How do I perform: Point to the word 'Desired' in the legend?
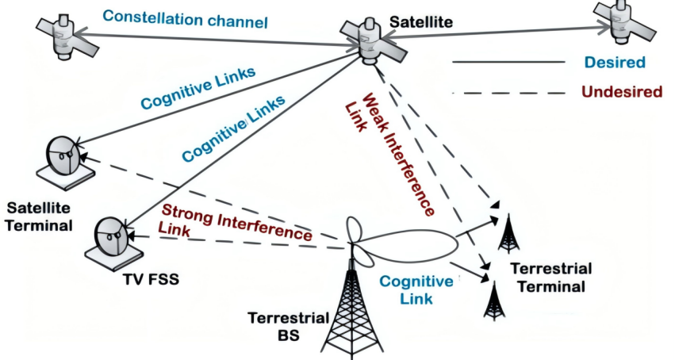(x=614, y=62)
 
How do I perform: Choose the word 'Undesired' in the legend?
(x=621, y=92)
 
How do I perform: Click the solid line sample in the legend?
(x=508, y=62)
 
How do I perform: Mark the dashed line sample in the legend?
(x=508, y=93)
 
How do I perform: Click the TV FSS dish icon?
(x=110, y=239)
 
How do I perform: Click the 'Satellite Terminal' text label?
(x=39, y=216)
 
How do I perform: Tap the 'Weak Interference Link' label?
(x=392, y=155)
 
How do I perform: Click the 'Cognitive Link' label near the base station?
(x=416, y=289)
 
